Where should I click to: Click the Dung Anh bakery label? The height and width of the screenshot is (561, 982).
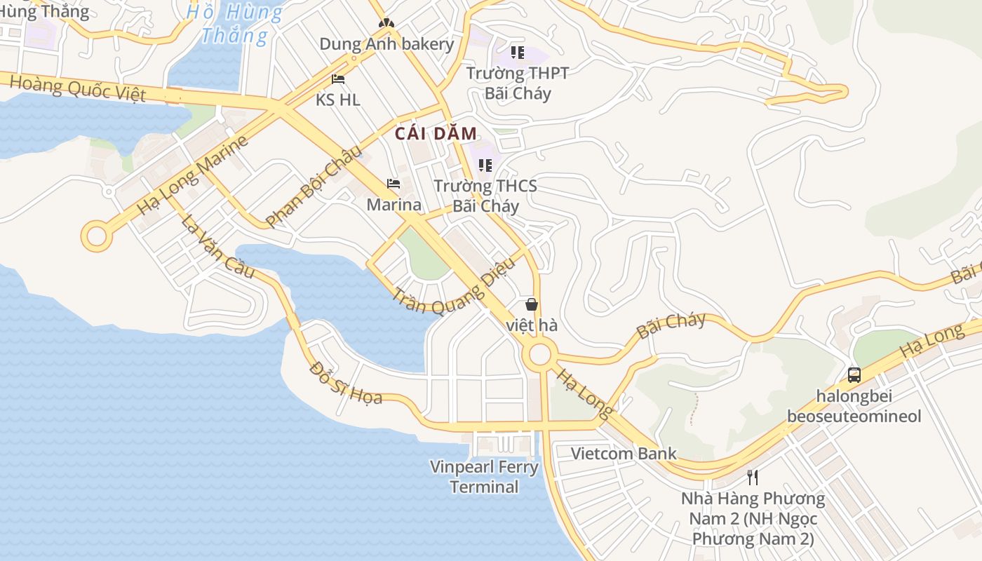point(386,44)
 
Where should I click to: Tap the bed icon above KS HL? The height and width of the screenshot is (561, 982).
point(338,79)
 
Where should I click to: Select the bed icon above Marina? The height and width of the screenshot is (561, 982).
point(394,184)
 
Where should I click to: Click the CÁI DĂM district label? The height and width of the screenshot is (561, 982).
point(436,133)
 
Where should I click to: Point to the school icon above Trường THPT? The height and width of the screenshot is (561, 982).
point(518,52)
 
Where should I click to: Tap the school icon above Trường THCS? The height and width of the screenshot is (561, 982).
point(485,165)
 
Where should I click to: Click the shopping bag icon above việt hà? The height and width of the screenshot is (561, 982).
point(532,304)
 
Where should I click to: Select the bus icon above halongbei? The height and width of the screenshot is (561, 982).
point(854,374)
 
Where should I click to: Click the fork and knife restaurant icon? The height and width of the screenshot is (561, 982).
point(753,478)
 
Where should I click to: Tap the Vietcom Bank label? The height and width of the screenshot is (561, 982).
point(624,454)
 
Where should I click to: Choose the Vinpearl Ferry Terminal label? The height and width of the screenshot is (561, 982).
point(484,477)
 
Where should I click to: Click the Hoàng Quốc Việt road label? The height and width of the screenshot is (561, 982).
point(78,88)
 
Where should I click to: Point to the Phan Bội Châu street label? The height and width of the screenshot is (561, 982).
point(314,186)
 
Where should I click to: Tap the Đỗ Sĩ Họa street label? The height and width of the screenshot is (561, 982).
point(346,384)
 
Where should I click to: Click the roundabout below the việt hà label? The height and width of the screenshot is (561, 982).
point(539,354)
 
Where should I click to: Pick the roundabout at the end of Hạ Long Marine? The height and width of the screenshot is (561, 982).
point(96,236)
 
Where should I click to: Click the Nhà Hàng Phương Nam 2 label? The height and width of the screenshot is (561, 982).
point(753,519)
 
